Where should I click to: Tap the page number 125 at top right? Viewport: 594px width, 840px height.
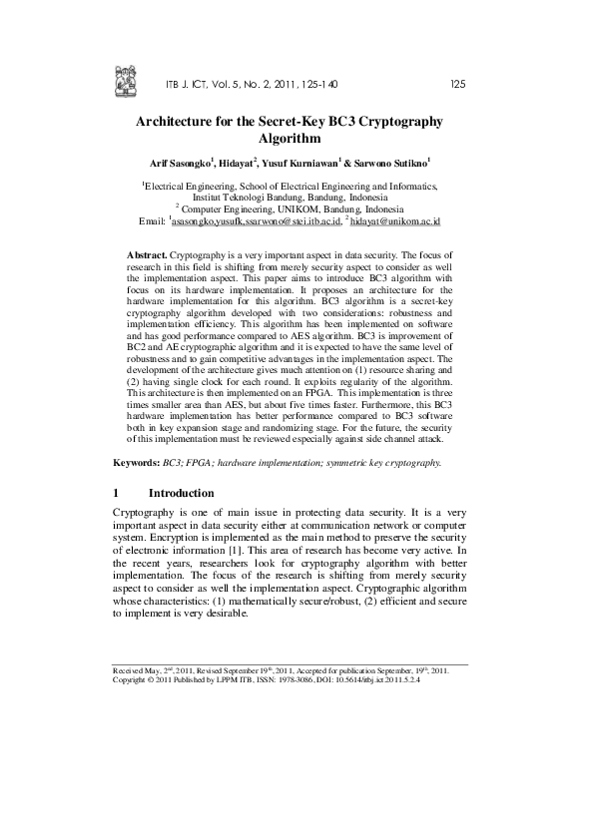(x=458, y=84)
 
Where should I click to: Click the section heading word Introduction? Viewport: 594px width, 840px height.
(x=181, y=493)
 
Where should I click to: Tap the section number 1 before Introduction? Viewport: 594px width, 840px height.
(x=117, y=493)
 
